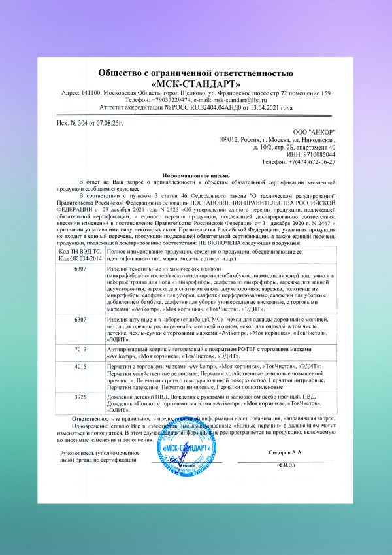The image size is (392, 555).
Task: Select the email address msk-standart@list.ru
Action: pos(244,100)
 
